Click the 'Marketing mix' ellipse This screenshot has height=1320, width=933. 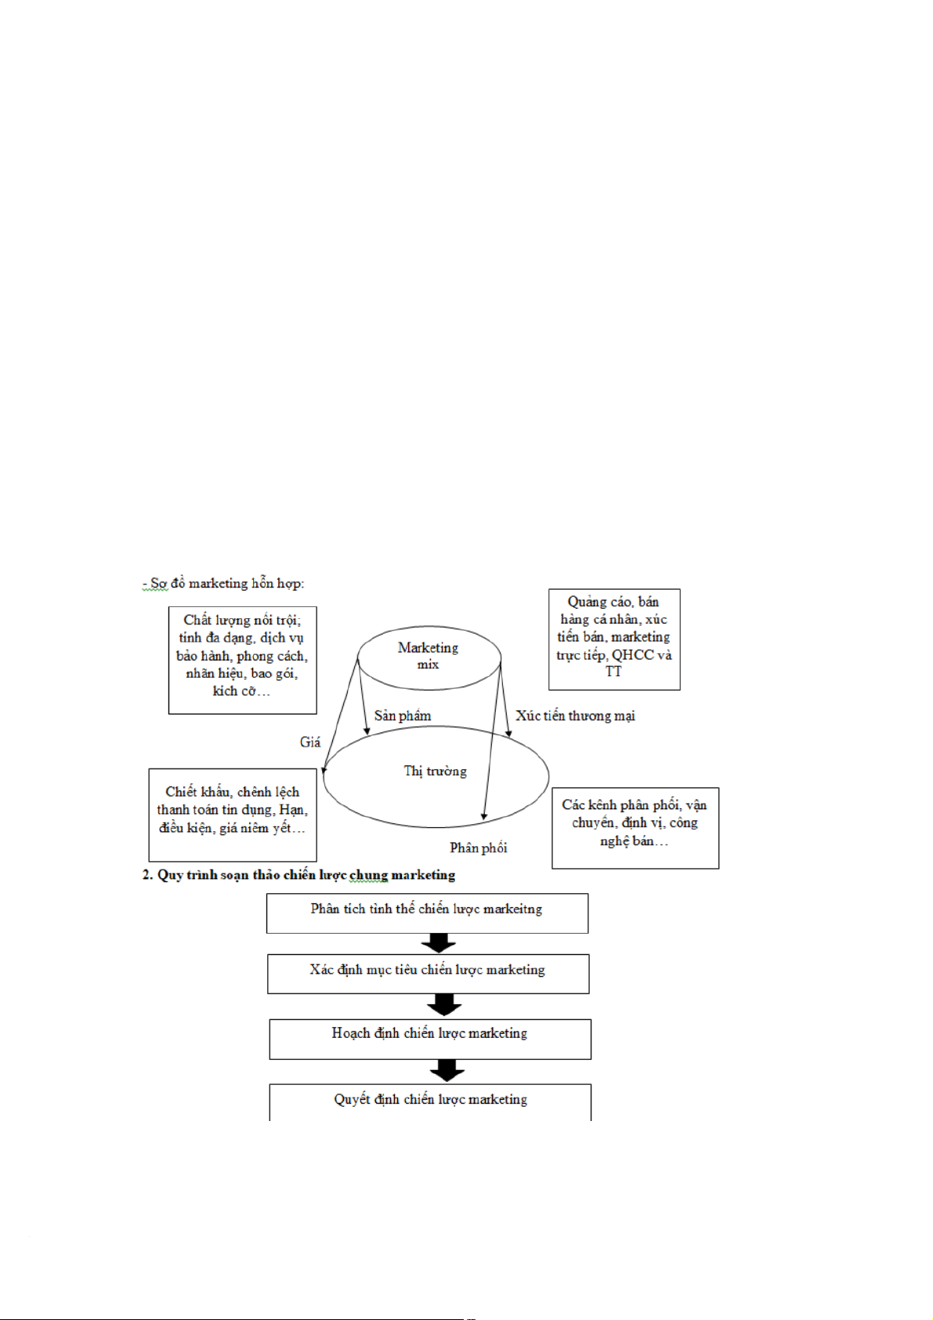(x=429, y=656)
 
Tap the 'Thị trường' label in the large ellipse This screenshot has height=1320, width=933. (x=435, y=771)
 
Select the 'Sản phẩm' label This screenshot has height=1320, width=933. (x=402, y=715)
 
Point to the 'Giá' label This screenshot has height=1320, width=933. (x=310, y=742)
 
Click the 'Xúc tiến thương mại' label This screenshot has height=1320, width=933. (x=575, y=715)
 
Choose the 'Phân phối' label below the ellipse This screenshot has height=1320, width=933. (x=478, y=848)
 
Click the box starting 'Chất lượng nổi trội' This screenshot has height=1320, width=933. (x=242, y=660)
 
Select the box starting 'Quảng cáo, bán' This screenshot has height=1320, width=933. (x=613, y=639)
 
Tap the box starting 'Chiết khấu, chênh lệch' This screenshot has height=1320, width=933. (x=232, y=815)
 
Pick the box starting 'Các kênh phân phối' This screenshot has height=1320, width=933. (x=635, y=827)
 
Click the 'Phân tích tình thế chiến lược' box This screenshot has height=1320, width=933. (x=427, y=913)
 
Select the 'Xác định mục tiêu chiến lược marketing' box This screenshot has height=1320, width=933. (x=428, y=974)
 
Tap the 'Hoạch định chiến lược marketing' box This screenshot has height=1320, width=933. (x=430, y=1039)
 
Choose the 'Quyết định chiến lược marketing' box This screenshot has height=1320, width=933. (x=430, y=1101)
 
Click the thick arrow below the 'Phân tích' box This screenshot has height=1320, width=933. (x=439, y=943)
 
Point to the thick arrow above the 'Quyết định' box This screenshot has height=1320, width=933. (x=447, y=1071)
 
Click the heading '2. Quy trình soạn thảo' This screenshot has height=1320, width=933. (x=298, y=875)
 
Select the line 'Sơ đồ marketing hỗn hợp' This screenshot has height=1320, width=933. (x=223, y=584)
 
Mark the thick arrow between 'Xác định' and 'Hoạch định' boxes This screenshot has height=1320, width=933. (x=444, y=1005)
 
